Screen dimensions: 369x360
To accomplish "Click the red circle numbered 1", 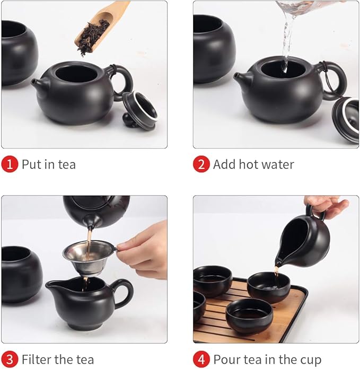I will click(10, 164).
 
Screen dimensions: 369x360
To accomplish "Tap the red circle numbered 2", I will click(201, 164).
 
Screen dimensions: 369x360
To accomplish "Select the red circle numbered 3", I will click(10, 359).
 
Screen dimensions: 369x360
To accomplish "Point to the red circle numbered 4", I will click(201, 359).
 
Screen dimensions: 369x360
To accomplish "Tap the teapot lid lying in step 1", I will click(140, 110).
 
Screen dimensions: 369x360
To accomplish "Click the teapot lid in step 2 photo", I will click(346, 119).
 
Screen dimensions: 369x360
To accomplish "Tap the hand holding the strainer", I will click(146, 249).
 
